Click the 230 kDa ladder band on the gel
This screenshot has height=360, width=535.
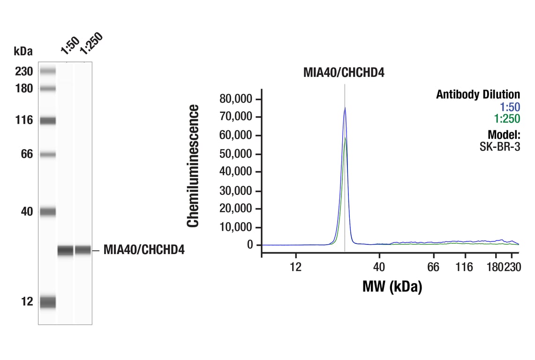[48, 71]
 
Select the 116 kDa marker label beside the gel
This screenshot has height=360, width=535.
[23, 120]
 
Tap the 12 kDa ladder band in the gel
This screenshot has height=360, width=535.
[48, 302]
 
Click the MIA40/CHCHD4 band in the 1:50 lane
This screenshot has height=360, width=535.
[66, 250]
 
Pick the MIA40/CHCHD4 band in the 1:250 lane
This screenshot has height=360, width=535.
[83, 250]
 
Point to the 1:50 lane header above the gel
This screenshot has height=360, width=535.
[69, 45]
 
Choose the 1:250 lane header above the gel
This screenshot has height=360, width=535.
[90, 43]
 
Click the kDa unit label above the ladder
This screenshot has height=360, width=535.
[23, 51]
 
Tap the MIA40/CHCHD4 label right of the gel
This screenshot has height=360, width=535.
[144, 250]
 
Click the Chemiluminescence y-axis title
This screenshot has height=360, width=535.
[193, 166]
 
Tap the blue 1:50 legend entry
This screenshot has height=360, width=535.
[510, 107]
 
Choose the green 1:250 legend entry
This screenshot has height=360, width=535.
[507, 119]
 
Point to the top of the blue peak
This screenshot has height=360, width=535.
[345, 108]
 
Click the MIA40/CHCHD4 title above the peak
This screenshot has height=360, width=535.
[344, 73]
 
